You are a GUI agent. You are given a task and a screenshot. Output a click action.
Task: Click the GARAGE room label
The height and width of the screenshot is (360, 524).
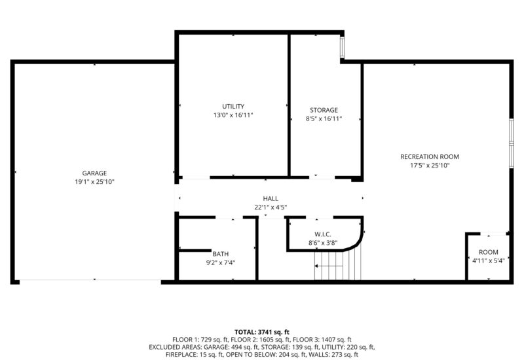[94, 173]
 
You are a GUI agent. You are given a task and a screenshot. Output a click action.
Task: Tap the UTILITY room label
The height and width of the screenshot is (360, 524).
[233, 106]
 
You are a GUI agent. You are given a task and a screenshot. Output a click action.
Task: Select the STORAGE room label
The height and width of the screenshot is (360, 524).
[324, 110]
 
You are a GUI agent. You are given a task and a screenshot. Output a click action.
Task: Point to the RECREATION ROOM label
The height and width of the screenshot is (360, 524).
[430, 156]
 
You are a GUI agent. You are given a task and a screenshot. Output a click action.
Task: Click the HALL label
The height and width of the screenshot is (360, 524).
[271, 198]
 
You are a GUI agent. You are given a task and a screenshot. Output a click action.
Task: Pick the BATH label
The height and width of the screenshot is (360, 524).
[221, 254]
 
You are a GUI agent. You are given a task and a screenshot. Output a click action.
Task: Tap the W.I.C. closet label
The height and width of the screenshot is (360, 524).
[323, 234]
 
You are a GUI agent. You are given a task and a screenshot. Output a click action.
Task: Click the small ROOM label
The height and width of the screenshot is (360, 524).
[489, 252]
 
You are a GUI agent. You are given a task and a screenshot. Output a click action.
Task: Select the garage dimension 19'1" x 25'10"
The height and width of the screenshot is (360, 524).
[94, 182]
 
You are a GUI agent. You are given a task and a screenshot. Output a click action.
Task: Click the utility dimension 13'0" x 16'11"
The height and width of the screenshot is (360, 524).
[233, 115]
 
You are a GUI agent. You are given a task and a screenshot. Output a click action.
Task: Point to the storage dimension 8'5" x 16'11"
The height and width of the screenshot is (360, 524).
[324, 118]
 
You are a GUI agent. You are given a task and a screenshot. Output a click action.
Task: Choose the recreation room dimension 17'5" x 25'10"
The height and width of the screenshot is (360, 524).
[430, 166]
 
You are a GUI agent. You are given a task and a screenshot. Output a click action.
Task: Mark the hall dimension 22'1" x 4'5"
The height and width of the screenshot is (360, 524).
[271, 207]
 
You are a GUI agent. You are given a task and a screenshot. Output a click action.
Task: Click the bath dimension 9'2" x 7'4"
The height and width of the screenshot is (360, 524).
[221, 263]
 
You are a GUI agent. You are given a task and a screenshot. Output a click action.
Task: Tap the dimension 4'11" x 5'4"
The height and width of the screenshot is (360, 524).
[489, 261]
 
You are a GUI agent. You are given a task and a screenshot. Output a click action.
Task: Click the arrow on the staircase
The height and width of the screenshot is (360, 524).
[329, 266]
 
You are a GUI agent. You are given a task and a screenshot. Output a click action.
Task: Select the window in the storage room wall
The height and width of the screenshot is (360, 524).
[342, 46]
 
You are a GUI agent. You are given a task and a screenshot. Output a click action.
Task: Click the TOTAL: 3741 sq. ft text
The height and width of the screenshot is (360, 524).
[262, 332]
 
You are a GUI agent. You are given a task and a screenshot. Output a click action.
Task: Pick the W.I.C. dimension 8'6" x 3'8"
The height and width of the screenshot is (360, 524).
[323, 243]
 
